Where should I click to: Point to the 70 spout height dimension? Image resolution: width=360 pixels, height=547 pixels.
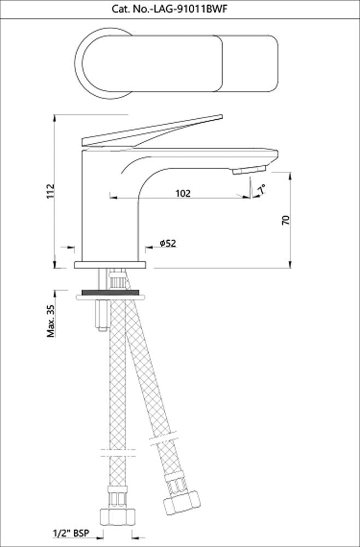click(x=285, y=220)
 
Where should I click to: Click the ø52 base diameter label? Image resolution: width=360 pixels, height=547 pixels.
click(x=167, y=243)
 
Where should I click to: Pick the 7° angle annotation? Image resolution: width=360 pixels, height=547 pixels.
click(x=263, y=189)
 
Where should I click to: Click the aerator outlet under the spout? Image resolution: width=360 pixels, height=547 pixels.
click(x=249, y=171)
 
